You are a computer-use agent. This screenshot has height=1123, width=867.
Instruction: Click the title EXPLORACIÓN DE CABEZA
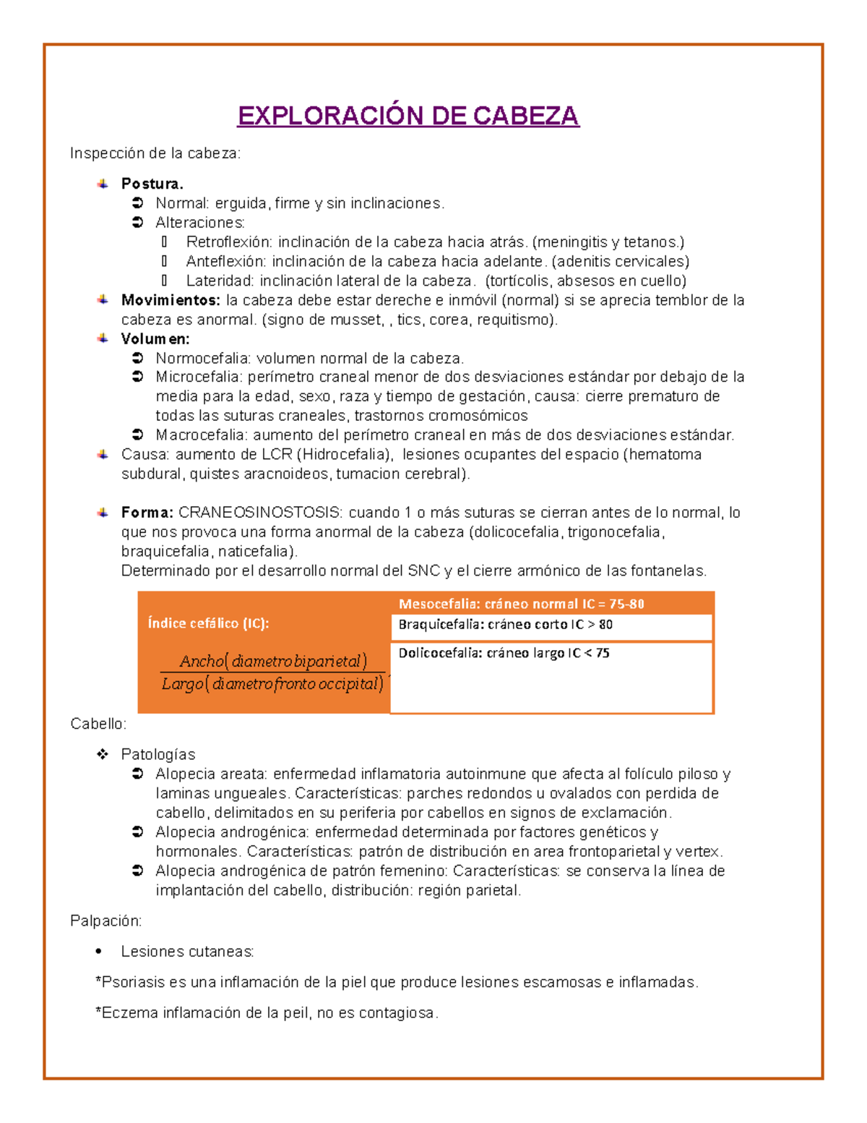(x=408, y=116)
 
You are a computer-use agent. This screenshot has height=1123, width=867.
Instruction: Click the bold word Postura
(x=152, y=184)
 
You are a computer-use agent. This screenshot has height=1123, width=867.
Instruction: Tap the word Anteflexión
(x=225, y=262)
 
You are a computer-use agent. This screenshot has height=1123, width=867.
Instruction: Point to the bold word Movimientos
(x=171, y=300)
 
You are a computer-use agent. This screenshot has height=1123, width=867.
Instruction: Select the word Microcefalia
(x=198, y=377)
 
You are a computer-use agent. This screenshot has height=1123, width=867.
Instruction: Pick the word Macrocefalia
(x=201, y=435)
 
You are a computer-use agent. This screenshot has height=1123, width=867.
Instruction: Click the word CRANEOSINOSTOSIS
(x=260, y=513)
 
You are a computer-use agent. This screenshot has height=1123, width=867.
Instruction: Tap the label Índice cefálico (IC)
(x=208, y=623)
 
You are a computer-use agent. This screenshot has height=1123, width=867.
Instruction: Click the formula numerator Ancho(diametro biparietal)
(x=273, y=661)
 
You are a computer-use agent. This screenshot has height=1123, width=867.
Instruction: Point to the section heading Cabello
(x=98, y=724)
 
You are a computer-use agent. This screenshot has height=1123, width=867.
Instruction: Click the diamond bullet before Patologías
(x=103, y=754)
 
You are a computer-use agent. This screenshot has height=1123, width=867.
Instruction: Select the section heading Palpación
(x=105, y=921)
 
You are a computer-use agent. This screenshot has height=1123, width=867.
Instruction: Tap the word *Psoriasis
(x=130, y=982)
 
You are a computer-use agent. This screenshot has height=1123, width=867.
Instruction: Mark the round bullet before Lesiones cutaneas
(x=99, y=952)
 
